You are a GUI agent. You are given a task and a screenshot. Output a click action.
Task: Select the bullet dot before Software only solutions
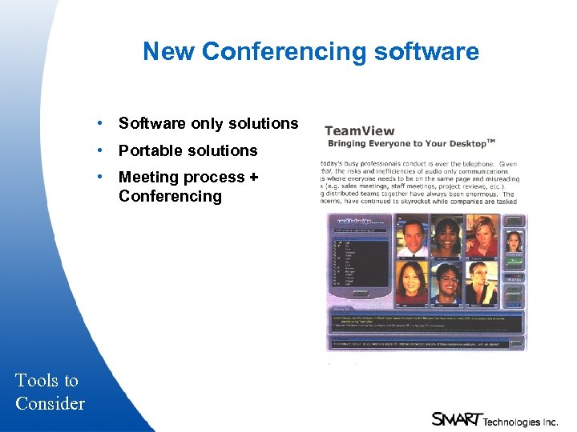pyautogui.click(x=98, y=123)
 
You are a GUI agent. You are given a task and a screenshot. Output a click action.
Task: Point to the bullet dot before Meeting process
pyautogui.click(x=98, y=177)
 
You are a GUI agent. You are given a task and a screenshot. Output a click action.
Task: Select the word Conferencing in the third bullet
pyautogui.click(x=170, y=196)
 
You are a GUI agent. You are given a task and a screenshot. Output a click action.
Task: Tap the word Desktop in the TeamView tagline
pyautogui.click(x=460, y=143)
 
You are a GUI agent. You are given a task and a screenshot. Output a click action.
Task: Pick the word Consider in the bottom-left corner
pyautogui.click(x=50, y=403)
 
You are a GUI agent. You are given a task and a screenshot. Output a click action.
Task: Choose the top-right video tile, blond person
pyautogui.click(x=483, y=236)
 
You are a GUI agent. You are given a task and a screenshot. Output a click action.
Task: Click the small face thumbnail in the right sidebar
pyautogui.click(x=514, y=239)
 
